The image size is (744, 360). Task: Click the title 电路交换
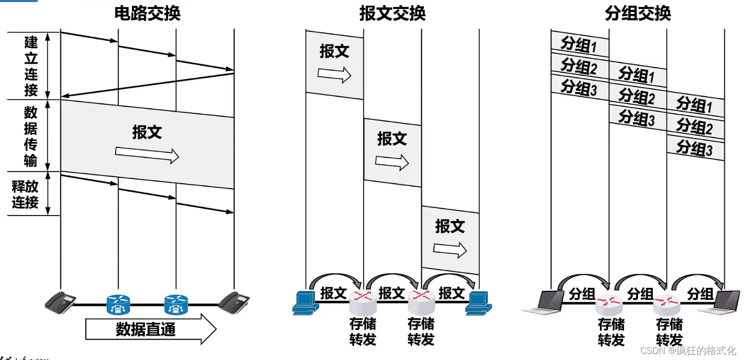pos(147,14)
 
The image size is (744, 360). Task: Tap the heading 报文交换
pos(392,14)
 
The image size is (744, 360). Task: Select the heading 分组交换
pos(638,14)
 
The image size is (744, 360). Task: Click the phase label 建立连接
pos(31,66)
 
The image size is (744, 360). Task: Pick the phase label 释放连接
pos(25,195)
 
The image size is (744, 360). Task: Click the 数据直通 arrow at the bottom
pos(151,329)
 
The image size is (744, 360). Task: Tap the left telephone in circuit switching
pos(60,302)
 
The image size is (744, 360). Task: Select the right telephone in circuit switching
pos(234,302)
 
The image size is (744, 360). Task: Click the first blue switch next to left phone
pos(118,304)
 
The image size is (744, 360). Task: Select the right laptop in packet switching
pos(721,302)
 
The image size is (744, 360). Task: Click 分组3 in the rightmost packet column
pos(695,148)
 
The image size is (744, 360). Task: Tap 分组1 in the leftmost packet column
pos(579,45)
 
